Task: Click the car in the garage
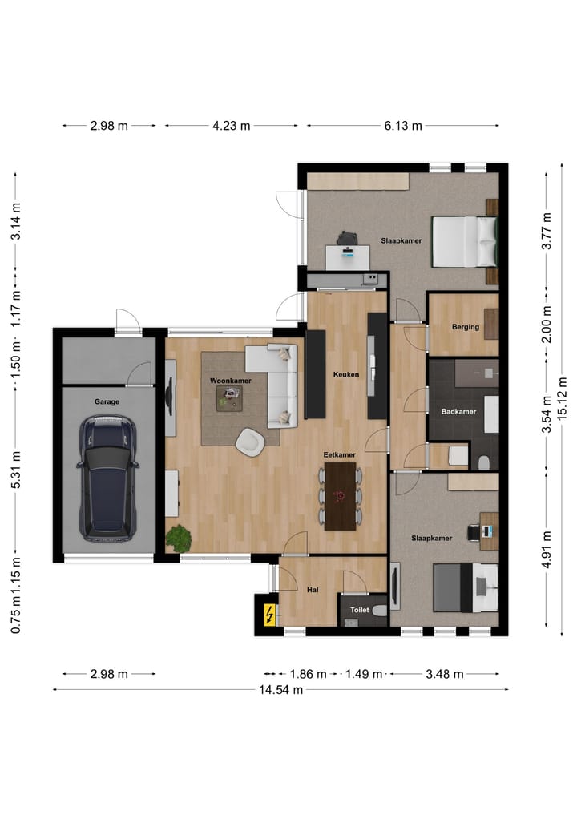coord(107,478)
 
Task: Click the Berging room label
coord(465,327)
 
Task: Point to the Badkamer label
coord(458,411)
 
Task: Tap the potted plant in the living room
coord(178,538)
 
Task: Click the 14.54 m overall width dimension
coord(281,690)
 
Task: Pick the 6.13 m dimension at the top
coord(402,126)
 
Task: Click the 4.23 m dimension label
coord(231,126)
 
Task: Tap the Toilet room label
coord(359,609)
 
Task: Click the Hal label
coord(313,590)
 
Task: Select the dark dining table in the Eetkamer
coord(340,496)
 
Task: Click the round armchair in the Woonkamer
coord(250,441)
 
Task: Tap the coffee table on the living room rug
coord(230,397)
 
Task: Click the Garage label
coord(107,401)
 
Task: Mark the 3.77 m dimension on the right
coord(547,231)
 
